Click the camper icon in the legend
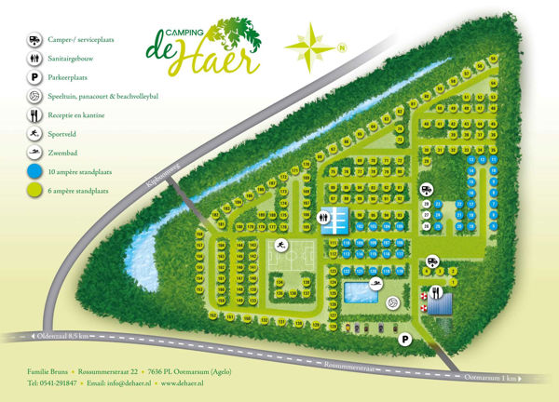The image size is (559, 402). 34,39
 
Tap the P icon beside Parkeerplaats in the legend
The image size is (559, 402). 34,77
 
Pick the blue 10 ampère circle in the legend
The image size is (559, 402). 34,171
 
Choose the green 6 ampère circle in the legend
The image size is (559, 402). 34,191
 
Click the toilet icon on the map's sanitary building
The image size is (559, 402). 323,217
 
